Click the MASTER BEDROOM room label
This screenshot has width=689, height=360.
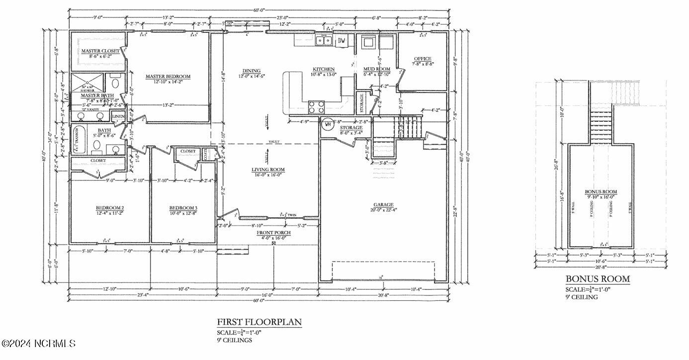(168, 77)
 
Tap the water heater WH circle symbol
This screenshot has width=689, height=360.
(327, 124)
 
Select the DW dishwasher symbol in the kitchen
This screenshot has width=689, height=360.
(342, 41)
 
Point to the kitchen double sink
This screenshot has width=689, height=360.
(325, 40)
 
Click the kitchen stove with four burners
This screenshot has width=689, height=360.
(317, 106)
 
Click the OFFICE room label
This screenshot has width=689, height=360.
(423, 59)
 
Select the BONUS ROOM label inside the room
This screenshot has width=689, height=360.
(601, 191)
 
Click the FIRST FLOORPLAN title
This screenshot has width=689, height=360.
(259, 322)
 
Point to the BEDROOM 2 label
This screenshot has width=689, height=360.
(109, 207)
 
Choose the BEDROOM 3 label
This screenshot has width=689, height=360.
(183, 207)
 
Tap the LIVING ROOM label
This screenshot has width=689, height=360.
(268, 170)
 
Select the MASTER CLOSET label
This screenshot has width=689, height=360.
(100, 51)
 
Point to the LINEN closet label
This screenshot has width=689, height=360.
(118, 116)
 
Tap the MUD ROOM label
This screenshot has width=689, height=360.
(376, 69)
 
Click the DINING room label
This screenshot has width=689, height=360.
(251, 71)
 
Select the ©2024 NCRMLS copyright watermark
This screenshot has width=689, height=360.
(38, 343)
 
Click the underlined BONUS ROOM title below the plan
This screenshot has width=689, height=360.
(598, 279)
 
